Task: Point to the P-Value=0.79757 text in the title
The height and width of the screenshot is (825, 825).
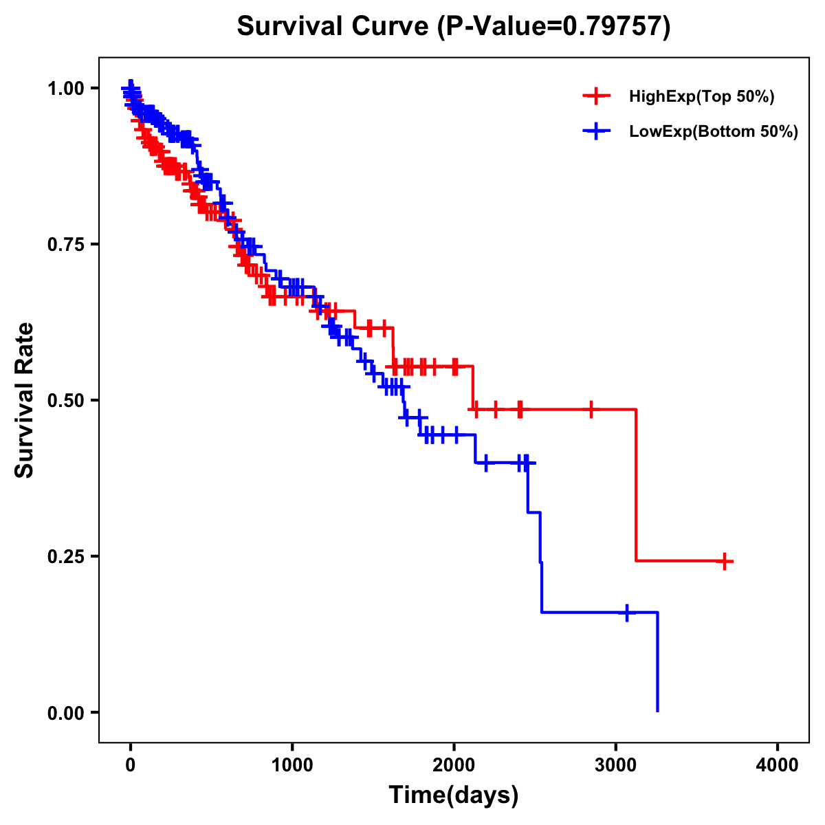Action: click(x=555, y=27)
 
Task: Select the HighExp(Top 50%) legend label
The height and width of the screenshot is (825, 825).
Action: click(x=701, y=97)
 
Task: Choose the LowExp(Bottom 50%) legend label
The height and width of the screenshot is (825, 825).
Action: click(x=714, y=132)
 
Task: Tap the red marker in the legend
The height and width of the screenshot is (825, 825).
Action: click(x=596, y=97)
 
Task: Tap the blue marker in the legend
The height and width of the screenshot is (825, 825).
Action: click(x=596, y=131)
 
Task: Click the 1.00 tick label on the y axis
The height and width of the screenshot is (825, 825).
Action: click(x=67, y=89)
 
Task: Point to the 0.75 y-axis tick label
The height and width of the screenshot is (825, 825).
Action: click(x=67, y=245)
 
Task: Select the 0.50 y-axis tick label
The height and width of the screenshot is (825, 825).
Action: click(x=67, y=401)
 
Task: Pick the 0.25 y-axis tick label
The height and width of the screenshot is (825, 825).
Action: click(x=67, y=557)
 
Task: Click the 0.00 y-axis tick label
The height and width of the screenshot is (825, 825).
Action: click(x=67, y=713)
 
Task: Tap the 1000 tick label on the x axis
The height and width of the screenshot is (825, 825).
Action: click(x=292, y=764)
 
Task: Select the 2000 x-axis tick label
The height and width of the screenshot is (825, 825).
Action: click(x=454, y=764)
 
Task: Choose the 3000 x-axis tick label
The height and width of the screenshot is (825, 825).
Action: click(x=616, y=764)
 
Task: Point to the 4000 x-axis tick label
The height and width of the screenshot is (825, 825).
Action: click(x=778, y=764)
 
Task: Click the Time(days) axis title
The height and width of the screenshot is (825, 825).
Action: click(x=454, y=795)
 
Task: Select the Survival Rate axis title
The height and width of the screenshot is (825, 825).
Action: click(x=25, y=400)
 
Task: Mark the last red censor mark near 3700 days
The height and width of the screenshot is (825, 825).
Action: click(x=724, y=561)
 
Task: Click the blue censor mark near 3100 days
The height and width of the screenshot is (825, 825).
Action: click(x=627, y=612)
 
